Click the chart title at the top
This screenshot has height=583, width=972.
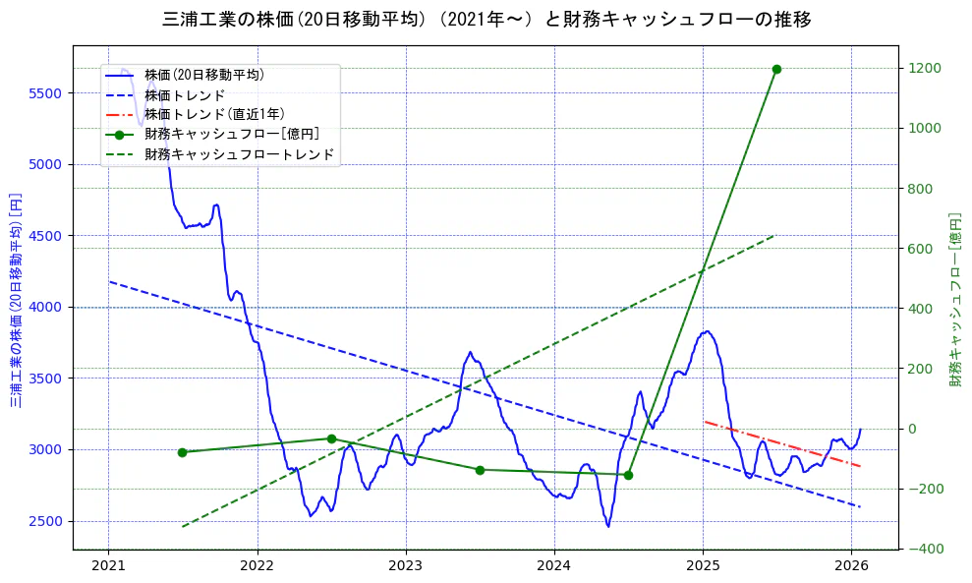486,19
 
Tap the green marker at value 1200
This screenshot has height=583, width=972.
776,69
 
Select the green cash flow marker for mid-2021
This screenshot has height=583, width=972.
182,452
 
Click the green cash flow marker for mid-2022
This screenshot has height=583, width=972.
331,438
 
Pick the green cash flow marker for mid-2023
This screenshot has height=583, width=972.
480,470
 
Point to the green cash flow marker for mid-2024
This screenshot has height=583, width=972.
628,475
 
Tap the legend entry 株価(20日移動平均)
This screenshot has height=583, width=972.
203,74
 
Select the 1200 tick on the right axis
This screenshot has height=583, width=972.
925,68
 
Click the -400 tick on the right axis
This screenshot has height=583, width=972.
925,549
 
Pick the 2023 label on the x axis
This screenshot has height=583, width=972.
406,565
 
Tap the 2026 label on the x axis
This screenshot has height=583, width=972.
851,565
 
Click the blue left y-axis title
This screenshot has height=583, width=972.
16,298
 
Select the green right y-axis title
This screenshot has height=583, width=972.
954,298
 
